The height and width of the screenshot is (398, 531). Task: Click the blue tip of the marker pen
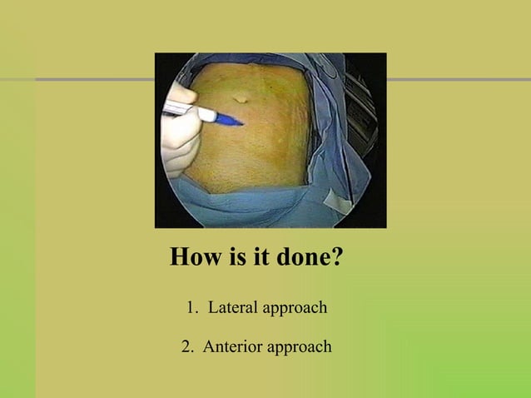[x=231, y=121]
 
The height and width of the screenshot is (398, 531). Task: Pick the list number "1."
[x=192, y=308]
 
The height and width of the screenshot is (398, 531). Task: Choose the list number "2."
[x=189, y=346]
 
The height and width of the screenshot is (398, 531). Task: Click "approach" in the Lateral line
[x=294, y=309]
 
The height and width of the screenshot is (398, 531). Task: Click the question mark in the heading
[x=336, y=256]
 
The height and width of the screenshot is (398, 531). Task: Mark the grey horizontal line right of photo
[x=458, y=80]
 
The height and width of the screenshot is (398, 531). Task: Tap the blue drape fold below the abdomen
[x=250, y=208]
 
